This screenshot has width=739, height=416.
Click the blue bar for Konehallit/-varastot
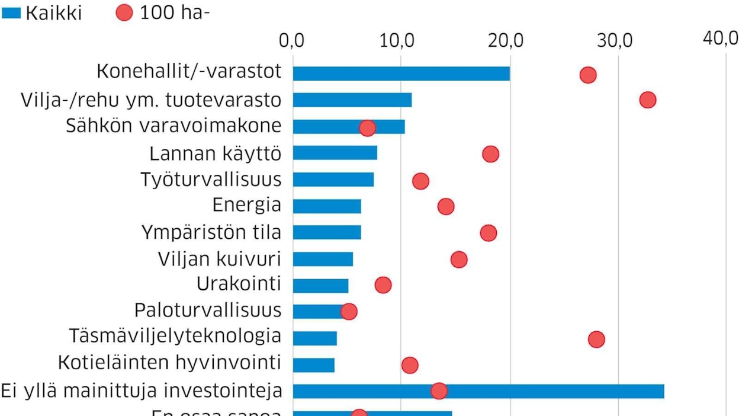click(401, 73)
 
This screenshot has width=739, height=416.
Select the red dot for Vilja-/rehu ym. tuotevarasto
click(648, 100)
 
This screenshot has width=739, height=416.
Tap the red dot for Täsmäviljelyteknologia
click(596, 339)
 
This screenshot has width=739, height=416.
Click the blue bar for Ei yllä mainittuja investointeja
click(478, 391)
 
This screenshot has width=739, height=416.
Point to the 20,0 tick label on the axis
click(509, 41)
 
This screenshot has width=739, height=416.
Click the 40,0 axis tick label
click(721, 39)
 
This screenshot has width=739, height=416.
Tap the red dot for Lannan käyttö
click(490, 154)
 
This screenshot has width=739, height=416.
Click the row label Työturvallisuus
click(211, 179)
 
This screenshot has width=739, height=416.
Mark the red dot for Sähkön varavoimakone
click(367, 128)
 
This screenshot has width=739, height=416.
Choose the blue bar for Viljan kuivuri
click(323, 259)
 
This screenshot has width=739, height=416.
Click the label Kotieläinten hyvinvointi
click(169, 361)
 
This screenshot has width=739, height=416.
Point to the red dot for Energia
click(446, 206)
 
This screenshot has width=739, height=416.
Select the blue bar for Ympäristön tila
click(327, 232)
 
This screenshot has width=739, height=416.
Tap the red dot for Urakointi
click(383, 285)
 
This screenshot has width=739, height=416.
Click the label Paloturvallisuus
click(207, 310)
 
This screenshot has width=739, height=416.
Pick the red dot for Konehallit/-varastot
click(587, 75)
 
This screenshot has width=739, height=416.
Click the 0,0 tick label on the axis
click(293, 41)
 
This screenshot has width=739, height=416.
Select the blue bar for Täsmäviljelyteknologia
click(314, 338)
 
